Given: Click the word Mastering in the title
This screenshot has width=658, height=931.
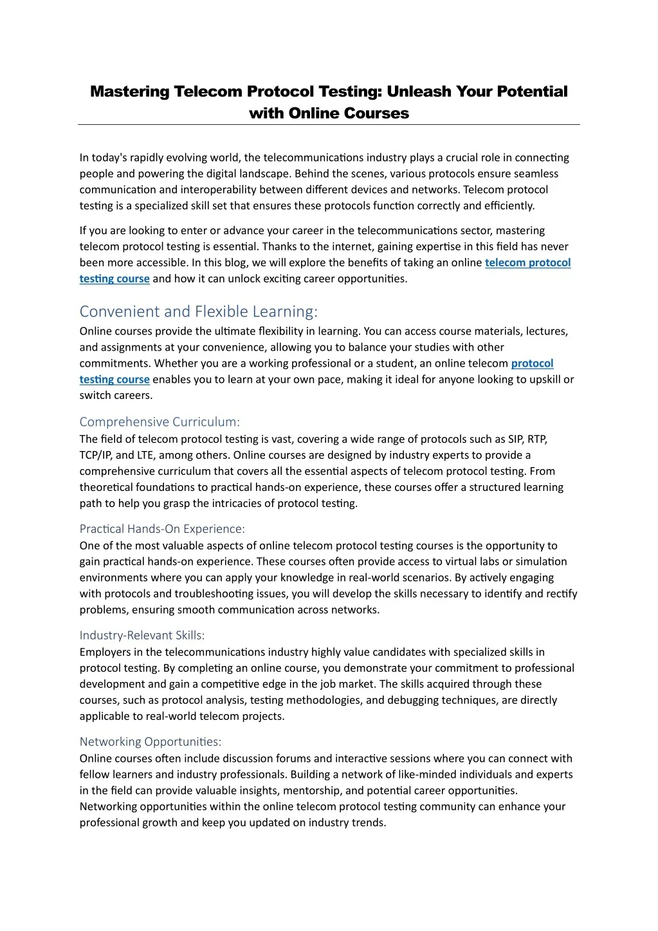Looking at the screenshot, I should [x=129, y=91].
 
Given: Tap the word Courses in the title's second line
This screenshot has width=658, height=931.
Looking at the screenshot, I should [x=376, y=113].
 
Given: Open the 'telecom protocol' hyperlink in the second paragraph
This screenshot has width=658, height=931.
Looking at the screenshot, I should [x=527, y=263].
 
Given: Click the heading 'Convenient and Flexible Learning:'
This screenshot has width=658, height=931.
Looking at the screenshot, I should [x=198, y=311].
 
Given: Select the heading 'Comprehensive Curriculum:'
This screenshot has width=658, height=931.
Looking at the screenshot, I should [x=160, y=421].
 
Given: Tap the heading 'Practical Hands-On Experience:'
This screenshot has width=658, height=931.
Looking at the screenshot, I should [x=162, y=528].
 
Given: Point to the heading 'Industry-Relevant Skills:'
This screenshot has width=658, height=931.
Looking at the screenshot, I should [x=142, y=635].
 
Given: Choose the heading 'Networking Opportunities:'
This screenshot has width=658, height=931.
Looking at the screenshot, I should [x=151, y=741].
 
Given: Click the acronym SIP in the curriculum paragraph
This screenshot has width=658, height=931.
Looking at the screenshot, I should [x=515, y=439].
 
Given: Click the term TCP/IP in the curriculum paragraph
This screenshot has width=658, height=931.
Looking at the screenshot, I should [x=96, y=455].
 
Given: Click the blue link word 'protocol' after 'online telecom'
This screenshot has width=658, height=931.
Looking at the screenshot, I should [x=532, y=364].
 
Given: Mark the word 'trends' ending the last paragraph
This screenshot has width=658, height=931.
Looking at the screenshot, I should [x=368, y=822].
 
